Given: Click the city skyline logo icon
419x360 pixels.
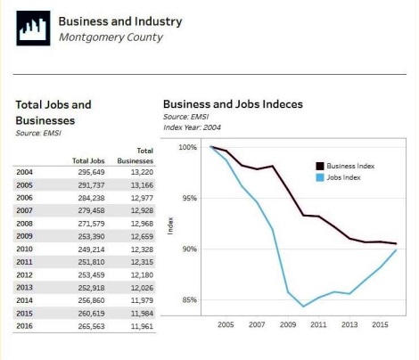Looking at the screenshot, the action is tap(33, 29).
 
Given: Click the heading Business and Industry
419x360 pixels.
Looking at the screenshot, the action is tap(120, 21).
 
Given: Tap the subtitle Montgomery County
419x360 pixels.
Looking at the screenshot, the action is tap(111, 37).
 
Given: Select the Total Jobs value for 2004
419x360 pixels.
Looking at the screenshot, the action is tap(91, 172).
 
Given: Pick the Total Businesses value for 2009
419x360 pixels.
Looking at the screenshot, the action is tap(142, 237).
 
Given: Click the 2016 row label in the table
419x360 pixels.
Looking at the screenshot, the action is tap(24, 326).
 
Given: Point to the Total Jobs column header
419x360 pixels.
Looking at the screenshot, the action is tap(88, 161).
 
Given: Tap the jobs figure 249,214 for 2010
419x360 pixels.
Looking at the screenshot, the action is tap(91, 250).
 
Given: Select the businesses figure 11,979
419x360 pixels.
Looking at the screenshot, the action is tap(142, 300).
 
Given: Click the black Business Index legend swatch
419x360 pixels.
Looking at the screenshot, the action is tap(320, 166).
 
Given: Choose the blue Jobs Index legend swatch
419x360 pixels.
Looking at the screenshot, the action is tap(320, 177).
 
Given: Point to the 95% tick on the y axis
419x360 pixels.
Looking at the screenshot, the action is tap(190, 198).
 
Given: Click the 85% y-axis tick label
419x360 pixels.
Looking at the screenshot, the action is tap(190, 300).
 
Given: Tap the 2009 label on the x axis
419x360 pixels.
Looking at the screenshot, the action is tap(288, 324).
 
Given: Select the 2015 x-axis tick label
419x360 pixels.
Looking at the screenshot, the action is tap(380, 324).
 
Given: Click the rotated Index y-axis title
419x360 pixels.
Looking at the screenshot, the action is tap(170, 226).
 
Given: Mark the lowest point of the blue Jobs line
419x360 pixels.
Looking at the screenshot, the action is tap(303, 307).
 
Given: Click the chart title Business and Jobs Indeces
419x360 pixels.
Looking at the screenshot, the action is tap(233, 104).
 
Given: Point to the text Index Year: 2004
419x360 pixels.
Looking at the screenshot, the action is tap(192, 127).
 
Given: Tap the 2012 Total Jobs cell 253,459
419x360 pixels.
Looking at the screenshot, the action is tap(91, 275).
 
